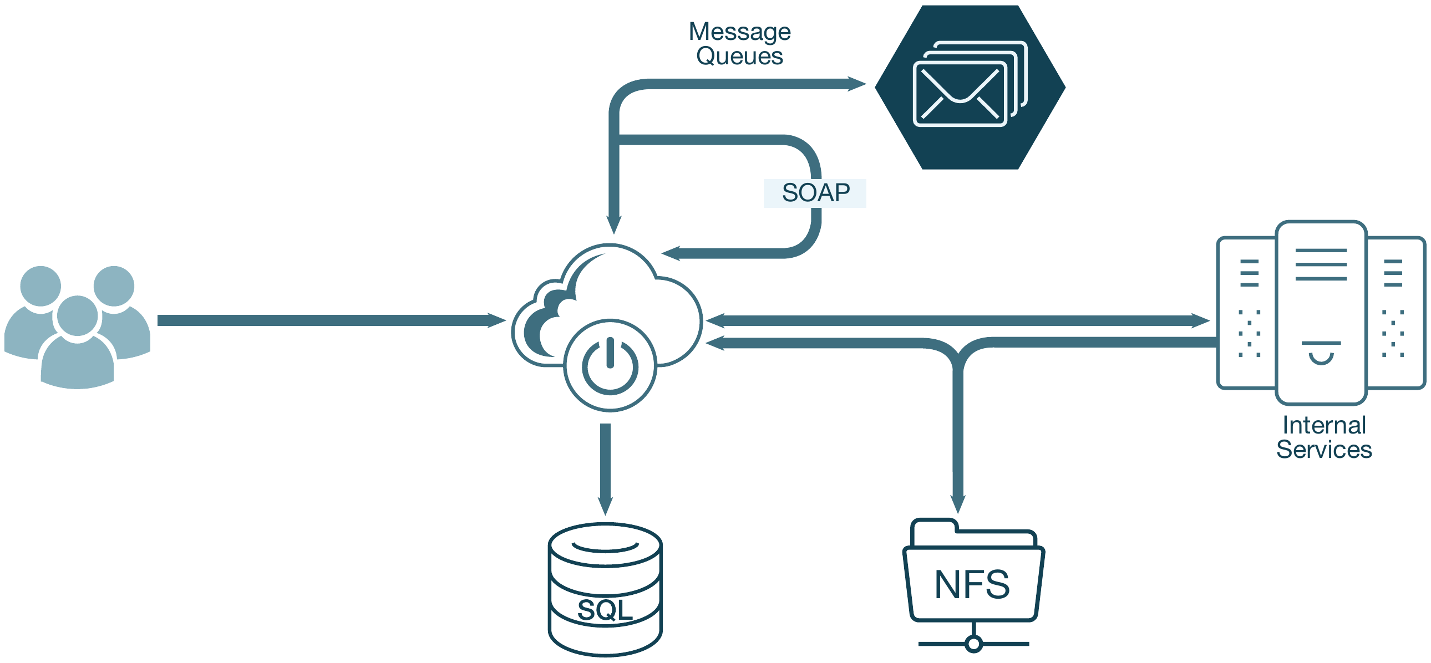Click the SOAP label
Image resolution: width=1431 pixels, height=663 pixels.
815,193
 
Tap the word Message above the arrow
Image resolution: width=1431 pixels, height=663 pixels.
739,32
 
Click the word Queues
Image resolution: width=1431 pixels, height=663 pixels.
739,56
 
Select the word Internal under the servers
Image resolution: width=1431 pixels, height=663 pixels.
1324,425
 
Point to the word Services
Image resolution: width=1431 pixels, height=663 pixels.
1324,449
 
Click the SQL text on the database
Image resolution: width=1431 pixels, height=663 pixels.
605,610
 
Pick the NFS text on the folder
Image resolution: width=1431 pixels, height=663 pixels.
972,584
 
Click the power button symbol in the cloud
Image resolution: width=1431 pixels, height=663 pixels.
610,365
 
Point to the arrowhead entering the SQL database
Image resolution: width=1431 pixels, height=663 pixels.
605,506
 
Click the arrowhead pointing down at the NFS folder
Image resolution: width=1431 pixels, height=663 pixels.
958,504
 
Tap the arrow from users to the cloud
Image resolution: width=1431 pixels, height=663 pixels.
328,320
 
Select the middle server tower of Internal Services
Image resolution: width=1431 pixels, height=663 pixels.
1321,313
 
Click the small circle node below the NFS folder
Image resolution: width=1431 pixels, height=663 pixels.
973,644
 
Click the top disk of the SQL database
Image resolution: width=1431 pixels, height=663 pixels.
605,545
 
